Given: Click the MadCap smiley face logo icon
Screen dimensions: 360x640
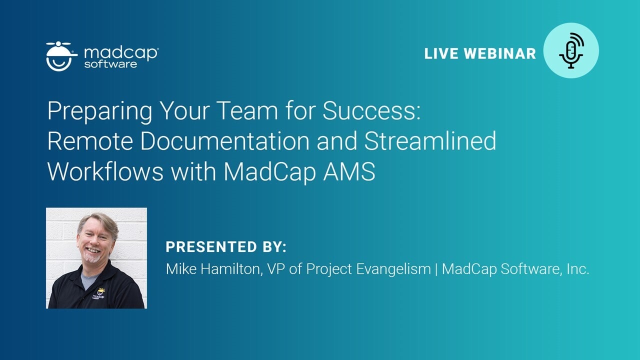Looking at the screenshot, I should click(x=61, y=56).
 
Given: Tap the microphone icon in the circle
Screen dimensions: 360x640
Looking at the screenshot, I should click(x=571, y=50).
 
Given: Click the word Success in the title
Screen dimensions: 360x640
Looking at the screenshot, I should click(x=369, y=111).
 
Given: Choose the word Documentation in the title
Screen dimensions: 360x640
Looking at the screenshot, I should click(x=228, y=141).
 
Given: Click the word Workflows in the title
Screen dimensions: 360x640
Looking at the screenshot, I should click(x=105, y=171).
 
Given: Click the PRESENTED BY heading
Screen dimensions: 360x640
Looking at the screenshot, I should click(x=226, y=247).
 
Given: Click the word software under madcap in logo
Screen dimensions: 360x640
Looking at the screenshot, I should click(x=110, y=64).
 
